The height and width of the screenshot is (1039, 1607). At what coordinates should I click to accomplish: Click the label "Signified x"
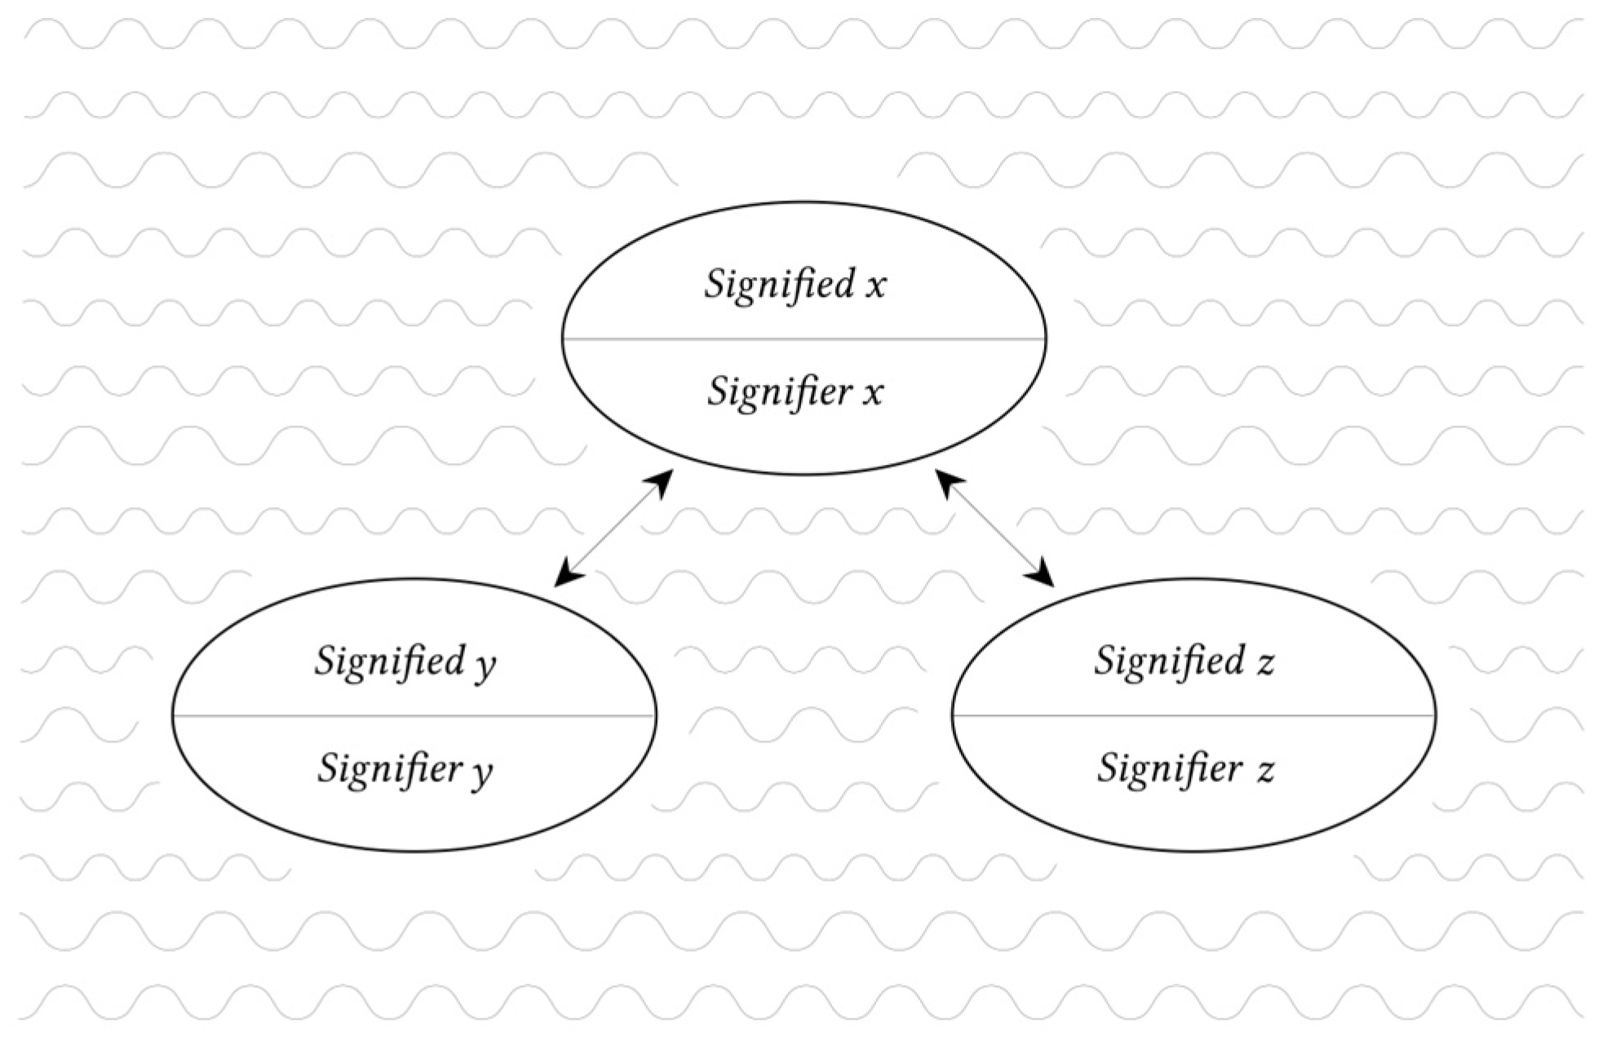(795, 285)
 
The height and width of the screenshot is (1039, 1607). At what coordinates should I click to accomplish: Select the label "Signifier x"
(795, 391)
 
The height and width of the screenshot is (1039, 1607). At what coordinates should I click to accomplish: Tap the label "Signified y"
(405, 661)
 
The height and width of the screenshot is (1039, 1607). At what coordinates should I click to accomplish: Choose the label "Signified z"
(1184, 661)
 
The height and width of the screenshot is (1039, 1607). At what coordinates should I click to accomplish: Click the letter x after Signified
(875, 286)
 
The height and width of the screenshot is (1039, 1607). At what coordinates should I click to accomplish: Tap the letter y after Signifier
(482, 772)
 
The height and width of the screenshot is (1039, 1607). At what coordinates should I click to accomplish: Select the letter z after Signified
(1264, 663)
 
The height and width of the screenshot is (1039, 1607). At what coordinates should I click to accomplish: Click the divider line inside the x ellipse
(803, 338)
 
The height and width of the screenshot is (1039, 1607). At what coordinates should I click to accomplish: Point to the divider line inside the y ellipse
(414, 715)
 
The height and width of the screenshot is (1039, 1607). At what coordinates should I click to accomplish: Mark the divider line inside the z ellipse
(1193, 715)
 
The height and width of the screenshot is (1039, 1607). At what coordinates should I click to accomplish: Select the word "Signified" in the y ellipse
(390, 661)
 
